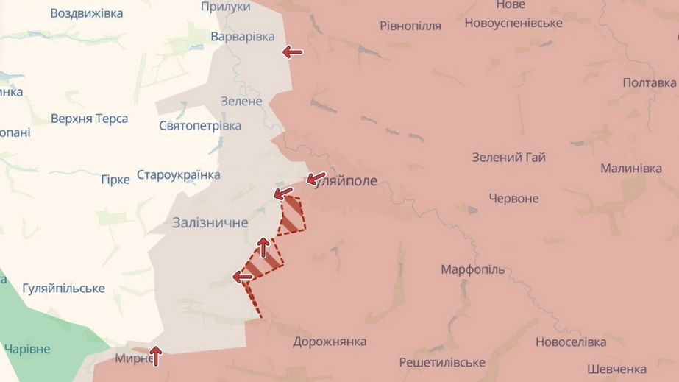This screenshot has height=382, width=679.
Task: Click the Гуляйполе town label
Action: [x=344, y=181]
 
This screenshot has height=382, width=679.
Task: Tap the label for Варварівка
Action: [x=242, y=37]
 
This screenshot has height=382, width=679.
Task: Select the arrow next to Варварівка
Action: [x=292, y=52]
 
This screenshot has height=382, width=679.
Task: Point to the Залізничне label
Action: [x=210, y=222]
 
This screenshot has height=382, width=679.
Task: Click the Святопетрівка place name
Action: [x=200, y=126]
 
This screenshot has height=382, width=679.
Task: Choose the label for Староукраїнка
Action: [x=179, y=175]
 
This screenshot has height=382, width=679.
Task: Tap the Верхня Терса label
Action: [x=90, y=119]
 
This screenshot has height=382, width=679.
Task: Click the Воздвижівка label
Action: [x=87, y=14]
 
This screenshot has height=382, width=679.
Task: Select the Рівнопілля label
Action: [x=410, y=26]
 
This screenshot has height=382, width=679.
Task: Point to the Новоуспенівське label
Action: [x=513, y=24]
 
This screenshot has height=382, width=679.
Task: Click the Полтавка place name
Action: [x=649, y=82]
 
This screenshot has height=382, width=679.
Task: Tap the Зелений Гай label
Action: [x=509, y=157]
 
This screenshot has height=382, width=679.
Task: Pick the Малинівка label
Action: [x=631, y=169]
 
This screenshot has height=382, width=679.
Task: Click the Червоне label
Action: [x=513, y=199]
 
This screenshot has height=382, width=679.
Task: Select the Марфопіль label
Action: [x=473, y=269]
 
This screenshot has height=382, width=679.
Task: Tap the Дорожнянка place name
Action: [x=330, y=342]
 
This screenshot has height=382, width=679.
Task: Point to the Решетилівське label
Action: [x=442, y=363]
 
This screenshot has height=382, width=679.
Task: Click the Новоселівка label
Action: [x=571, y=342]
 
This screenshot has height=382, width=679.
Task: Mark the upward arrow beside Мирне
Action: [x=155, y=356]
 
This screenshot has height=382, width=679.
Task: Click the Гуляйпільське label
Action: [x=64, y=288]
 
